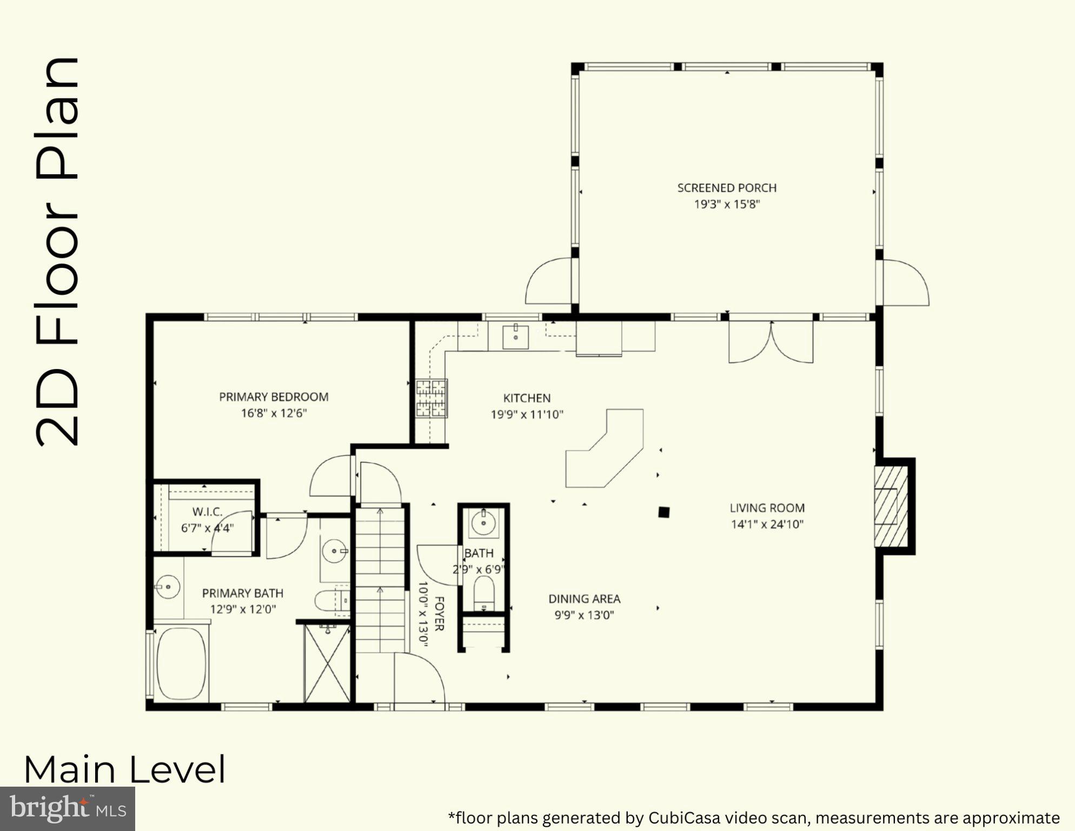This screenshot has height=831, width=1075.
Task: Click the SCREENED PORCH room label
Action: pos(727,188)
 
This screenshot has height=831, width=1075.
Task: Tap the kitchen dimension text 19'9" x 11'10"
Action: pos(527,415)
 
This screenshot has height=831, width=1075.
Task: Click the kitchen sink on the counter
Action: pos(515,337)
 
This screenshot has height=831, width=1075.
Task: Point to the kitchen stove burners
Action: pos(432,399)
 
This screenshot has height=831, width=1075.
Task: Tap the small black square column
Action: pos(664,512)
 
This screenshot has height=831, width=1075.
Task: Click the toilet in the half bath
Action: pos(484,593)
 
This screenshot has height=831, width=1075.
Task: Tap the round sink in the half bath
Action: pos(483,523)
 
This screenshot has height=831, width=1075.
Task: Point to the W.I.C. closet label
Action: pos(207,512)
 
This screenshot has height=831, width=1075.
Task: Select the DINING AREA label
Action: pos(584,599)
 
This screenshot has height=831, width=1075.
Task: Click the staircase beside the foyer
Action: pos(380,579)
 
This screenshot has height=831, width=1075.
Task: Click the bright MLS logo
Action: pos(67,809)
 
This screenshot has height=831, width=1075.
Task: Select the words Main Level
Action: pos(124,770)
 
